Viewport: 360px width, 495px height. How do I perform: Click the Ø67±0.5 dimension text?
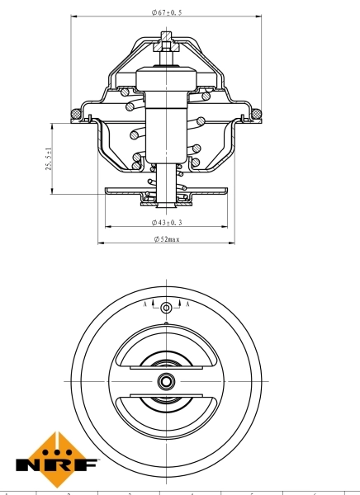(168, 12)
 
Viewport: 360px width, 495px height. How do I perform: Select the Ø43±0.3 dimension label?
(167, 223)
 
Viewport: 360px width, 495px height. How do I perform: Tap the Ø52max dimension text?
(167, 239)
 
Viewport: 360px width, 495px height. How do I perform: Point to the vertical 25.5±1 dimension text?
(50, 158)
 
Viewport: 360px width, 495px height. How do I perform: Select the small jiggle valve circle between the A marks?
(167, 308)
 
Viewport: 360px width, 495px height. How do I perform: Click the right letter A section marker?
(188, 304)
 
